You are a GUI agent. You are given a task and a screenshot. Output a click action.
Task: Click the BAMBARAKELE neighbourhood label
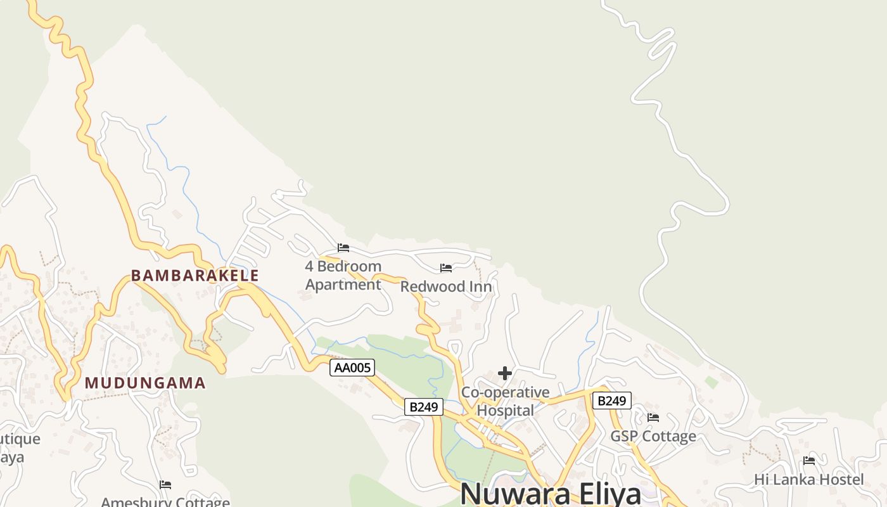pyautogui.click(x=195, y=276)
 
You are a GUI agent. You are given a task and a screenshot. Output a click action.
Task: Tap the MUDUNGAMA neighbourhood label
pyautogui.click(x=145, y=383)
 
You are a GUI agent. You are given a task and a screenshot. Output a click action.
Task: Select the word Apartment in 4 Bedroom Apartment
pyautogui.click(x=343, y=285)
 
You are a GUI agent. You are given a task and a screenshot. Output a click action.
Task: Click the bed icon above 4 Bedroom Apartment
pyautogui.click(x=343, y=248)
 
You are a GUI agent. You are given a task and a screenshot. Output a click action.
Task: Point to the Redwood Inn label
pyautogui.click(x=446, y=287)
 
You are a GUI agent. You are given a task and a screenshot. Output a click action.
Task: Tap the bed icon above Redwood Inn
pyautogui.click(x=446, y=268)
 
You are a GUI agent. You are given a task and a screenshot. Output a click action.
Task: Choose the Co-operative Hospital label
pyautogui.click(x=505, y=401)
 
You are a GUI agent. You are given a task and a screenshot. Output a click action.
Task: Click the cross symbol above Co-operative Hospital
pyautogui.click(x=505, y=373)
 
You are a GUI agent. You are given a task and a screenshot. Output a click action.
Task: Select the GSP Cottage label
pyautogui.click(x=653, y=436)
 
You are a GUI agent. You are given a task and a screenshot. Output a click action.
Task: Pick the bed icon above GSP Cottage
pyautogui.click(x=653, y=417)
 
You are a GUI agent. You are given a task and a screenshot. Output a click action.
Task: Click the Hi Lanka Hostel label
pyautogui.click(x=808, y=480)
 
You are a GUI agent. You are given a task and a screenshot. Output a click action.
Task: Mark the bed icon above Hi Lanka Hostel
pyautogui.click(x=809, y=461)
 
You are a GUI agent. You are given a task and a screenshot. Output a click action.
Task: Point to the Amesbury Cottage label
pyautogui.click(x=165, y=503)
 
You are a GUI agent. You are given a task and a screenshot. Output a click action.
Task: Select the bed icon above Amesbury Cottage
pyautogui.click(x=165, y=485)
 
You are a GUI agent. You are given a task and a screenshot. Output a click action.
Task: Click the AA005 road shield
pyautogui.click(x=352, y=368)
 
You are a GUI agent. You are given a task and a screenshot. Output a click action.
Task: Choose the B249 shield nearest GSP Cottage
pyautogui.click(x=612, y=401)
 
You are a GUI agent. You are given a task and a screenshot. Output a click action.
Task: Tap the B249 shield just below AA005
pyautogui.click(x=424, y=407)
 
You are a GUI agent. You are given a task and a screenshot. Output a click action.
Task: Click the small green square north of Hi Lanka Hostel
pyautogui.click(x=712, y=382)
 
